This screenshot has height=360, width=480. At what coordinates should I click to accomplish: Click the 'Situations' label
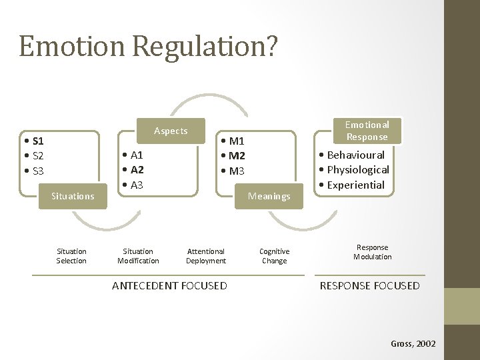[x=73, y=196]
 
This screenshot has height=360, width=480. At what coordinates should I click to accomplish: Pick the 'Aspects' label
[x=171, y=131]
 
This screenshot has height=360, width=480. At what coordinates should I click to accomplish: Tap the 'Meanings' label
[x=269, y=196]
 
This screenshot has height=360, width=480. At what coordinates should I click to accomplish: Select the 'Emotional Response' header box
[x=367, y=131]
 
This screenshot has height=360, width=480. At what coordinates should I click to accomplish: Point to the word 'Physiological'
[x=358, y=170]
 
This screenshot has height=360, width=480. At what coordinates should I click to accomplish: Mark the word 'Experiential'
[x=356, y=185]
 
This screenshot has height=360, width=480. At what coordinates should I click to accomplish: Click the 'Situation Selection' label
[x=71, y=256]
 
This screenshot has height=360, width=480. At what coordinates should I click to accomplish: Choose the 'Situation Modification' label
[x=138, y=256]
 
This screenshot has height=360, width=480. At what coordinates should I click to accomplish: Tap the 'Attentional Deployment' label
[x=206, y=256]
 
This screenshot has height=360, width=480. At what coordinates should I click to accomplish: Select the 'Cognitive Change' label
[x=274, y=256]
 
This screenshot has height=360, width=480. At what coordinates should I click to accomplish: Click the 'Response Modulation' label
[x=373, y=252]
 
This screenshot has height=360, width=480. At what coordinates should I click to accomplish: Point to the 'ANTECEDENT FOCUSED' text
[x=169, y=286]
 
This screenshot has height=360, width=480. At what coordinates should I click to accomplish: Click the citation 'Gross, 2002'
[x=413, y=343]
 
